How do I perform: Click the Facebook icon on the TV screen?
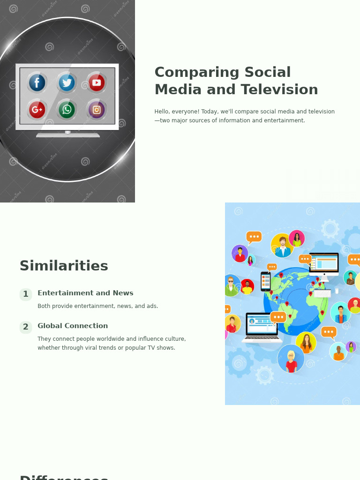(x=37, y=82)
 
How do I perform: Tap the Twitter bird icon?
(x=67, y=82)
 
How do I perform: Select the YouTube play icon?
(x=97, y=82)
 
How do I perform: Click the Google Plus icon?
(x=37, y=110)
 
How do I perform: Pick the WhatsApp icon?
(x=67, y=110)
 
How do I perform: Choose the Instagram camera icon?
(x=97, y=110)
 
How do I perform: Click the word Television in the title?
(x=279, y=90)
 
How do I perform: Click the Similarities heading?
(x=64, y=266)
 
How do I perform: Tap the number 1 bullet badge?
(x=26, y=294)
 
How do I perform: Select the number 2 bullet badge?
(x=26, y=327)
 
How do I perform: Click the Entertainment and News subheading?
(x=85, y=293)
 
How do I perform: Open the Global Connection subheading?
(x=73, y=326)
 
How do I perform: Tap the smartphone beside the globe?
(x=266, y=282)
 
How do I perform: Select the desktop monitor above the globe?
(x=323, y=265)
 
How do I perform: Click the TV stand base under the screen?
(x=68, y=135)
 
